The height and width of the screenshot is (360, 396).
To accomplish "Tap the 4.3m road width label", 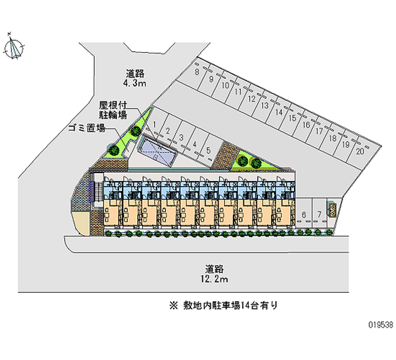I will (x=135, y=79).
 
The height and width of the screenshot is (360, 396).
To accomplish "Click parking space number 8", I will (x=197, y=72).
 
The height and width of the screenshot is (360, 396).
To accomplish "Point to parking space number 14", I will (x=279, y=112).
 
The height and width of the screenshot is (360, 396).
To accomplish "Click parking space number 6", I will (x=304, y=214).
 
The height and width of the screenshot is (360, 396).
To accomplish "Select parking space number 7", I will (x=320, y=214).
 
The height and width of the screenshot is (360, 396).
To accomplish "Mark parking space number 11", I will (x=238, y=92).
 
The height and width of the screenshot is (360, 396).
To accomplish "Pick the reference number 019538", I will (x=381, y=325).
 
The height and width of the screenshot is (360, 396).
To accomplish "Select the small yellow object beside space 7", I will (x=332, y=209).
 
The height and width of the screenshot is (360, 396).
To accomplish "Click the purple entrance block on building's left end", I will (x=92, y=191).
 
